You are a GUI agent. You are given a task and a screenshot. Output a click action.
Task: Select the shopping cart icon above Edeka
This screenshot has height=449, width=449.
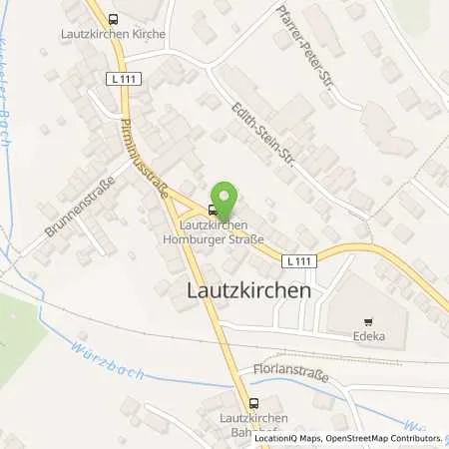pos(368,321)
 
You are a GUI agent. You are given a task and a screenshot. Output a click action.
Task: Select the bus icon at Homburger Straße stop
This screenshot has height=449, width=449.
pos(212,210)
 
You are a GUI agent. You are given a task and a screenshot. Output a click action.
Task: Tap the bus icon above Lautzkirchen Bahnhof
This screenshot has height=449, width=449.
pos(252,403)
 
